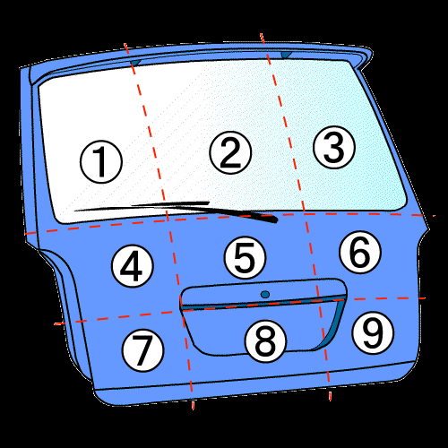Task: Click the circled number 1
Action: pos(101,162)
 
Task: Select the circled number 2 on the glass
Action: pos(230,152)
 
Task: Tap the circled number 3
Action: pos(334,147)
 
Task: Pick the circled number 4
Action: pos(133,266)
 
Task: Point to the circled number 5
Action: pos(245,257)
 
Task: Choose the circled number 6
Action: pos(360,252)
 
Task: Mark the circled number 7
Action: pos(143,350)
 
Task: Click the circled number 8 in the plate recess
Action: pos(265,341)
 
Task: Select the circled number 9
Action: pos(373,332)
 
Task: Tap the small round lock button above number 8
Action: pos(265,295)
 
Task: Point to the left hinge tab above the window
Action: pos(135,63)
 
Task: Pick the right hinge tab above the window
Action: pos(286,55)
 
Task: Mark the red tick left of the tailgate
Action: pos(59,323)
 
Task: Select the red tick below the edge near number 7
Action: pos(193,405)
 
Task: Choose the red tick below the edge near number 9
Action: pos(330,396)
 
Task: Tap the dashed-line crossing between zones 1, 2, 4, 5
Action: pos(168,220)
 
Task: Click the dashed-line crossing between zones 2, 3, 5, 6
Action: pos(305,214)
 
